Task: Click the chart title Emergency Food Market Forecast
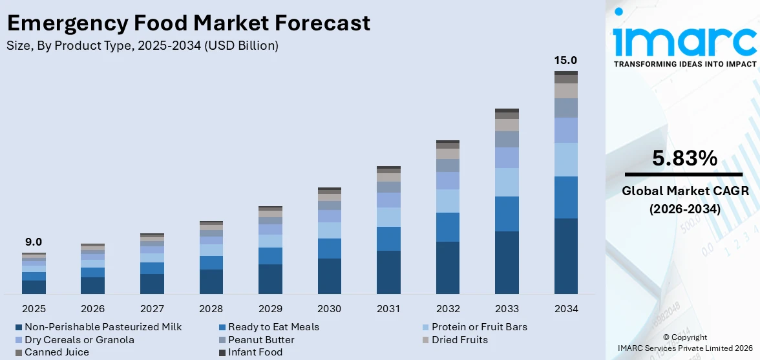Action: coord(188,23)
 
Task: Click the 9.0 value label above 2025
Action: coord(34,242)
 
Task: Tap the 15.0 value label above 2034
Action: coord(566,60)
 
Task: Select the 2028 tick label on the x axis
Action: coord(211,308)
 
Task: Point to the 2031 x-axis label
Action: coord(389,308)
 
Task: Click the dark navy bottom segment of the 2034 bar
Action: coord(566,256)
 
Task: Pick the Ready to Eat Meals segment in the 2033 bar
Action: coord(507,214)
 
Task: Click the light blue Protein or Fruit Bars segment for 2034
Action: coord(566,160)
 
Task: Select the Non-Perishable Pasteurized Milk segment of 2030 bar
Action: coord(330,276)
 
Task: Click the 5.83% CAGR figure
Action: coord(684,158)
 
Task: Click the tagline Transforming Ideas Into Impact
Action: coord(684,64)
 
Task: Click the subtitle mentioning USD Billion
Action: coord(143,45)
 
